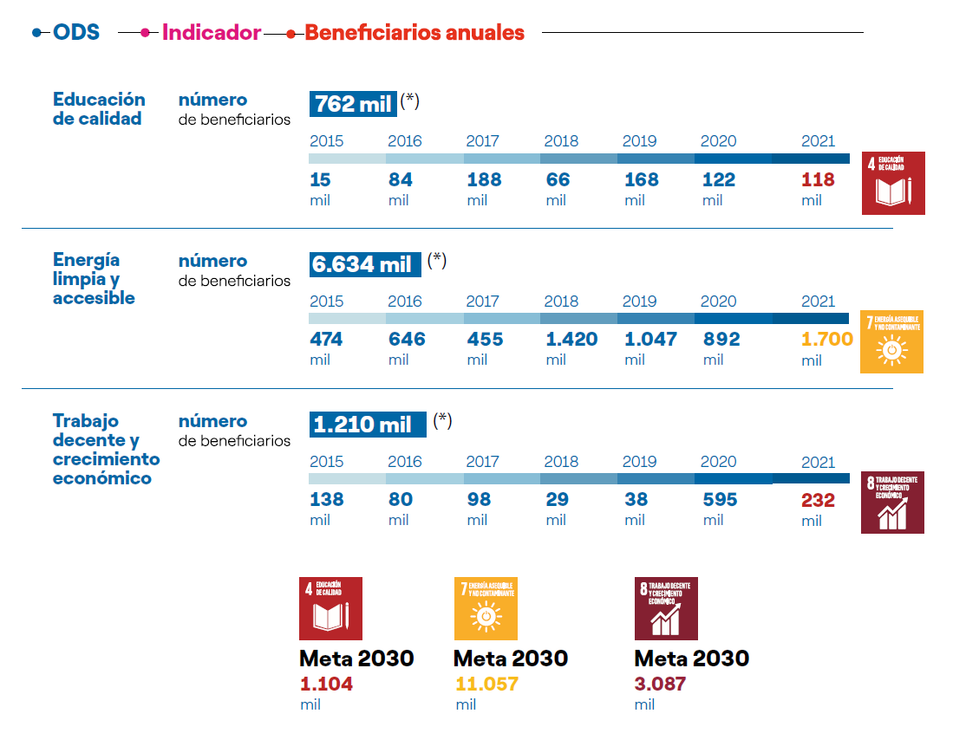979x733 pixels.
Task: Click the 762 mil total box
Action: tap(353, 104)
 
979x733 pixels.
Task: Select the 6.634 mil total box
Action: tap(365, 264)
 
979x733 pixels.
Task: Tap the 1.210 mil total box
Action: tap(368, 425)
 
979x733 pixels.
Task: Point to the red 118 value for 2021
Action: tap(818, 180)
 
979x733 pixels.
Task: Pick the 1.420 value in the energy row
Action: tap(571, 340)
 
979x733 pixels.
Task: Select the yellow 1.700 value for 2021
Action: tap(826, 340)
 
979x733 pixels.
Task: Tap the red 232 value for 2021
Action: tap(818, 500)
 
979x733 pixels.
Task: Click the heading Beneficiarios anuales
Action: tap(414, 33)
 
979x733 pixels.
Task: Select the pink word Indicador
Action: tap(212, 33)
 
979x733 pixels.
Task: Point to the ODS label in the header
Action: tap(76, 33)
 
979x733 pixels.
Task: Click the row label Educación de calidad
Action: tap(99, 109)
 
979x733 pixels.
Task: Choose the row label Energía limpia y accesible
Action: tap(94, 279)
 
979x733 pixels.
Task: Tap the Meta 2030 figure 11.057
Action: tap(486, 684)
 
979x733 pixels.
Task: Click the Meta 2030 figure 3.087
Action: tap(660, 684)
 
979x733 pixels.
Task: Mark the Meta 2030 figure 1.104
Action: tap(326, 684)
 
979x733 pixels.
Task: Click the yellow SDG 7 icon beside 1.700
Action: tap(891, 341)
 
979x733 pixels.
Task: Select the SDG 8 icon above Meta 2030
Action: tap(666, 608)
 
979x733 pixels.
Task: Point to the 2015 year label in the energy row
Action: tap(326, 302)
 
